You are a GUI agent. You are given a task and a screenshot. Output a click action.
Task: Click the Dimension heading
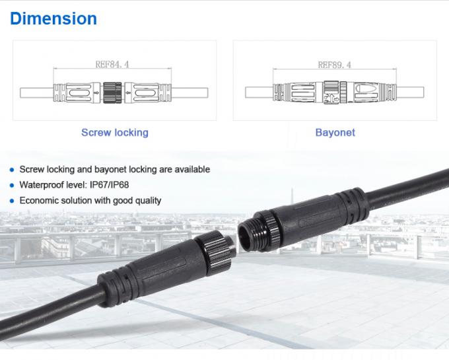tap(53, 18)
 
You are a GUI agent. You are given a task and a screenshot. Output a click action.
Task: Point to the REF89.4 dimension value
tap(334, 65)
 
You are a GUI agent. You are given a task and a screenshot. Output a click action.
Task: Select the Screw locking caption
tap(114, 132)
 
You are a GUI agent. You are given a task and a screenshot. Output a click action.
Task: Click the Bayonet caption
tap(335, 132)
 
